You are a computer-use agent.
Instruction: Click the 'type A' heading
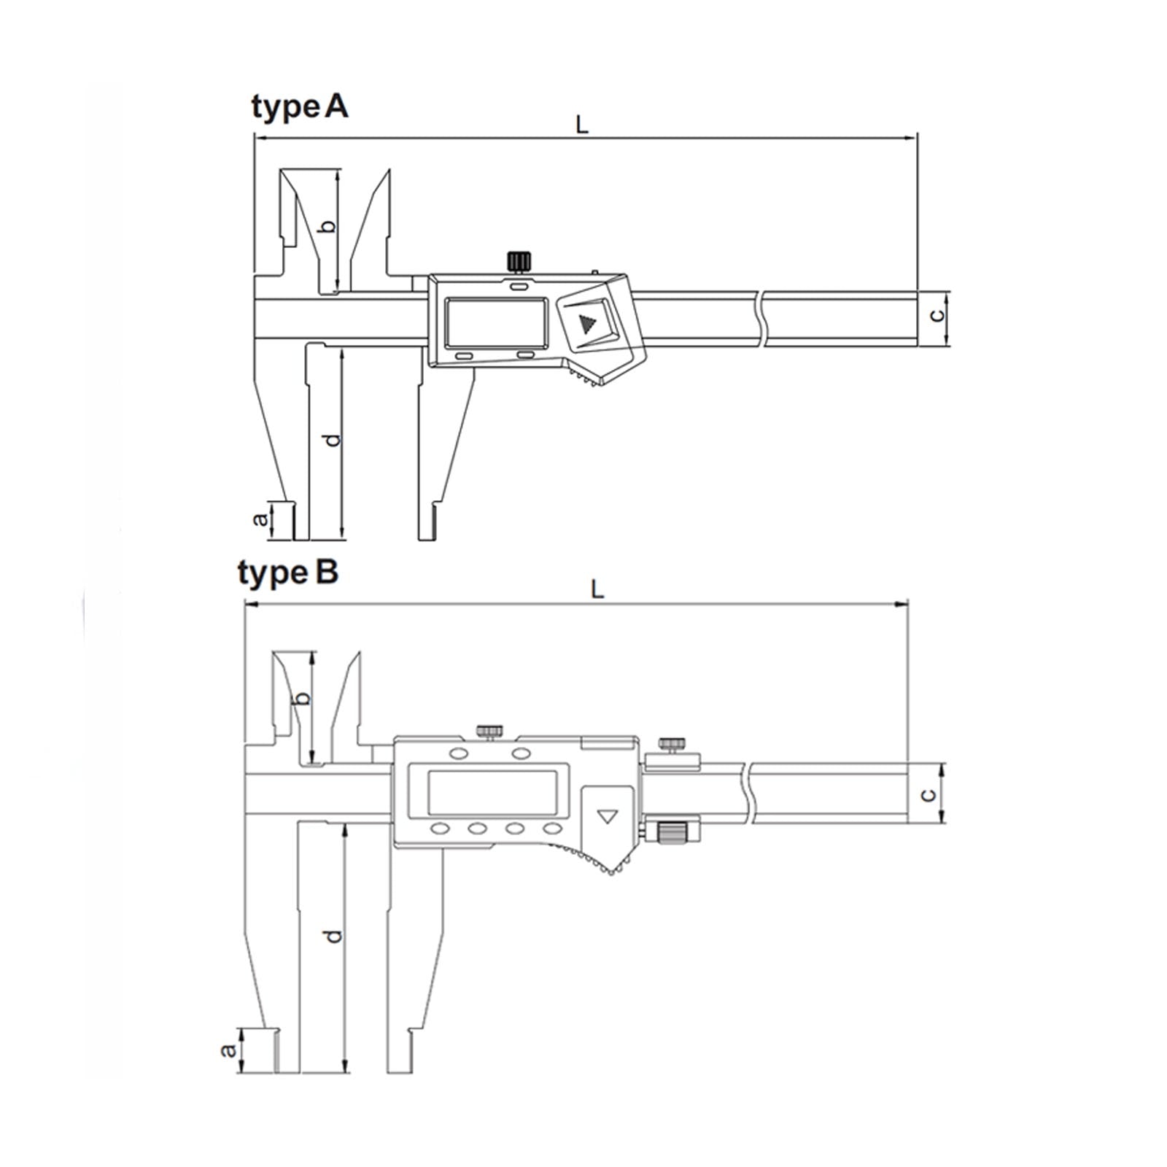[300, 107]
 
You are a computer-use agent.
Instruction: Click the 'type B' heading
[288, 573]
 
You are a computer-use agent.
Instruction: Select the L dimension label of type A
[581, 125]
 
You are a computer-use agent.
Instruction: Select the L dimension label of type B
[597, 589]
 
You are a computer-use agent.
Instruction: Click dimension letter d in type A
[332, 441]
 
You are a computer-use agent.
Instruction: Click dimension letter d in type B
[333, 936]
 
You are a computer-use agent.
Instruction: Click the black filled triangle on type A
[586, 323]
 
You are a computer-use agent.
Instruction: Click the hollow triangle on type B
[607, 815]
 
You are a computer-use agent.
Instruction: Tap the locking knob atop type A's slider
[519, 260]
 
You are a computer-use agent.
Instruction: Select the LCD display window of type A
[497, 322]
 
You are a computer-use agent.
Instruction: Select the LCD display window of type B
[492, 792]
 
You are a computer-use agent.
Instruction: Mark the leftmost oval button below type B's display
[440, 829]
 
